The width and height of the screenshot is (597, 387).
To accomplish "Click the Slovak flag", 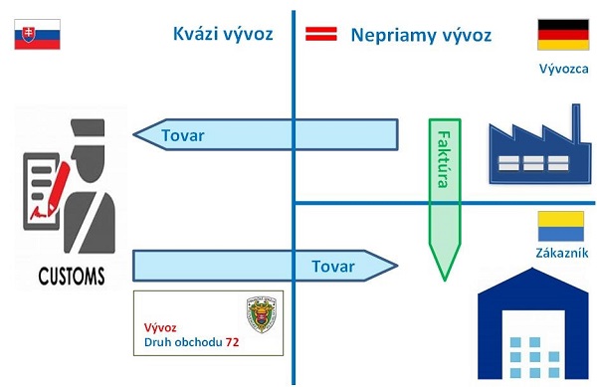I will (x=37, y=34).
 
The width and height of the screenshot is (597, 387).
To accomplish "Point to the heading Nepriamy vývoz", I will (x=421, y=36).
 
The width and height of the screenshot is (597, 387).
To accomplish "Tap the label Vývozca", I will (x=563, y=69).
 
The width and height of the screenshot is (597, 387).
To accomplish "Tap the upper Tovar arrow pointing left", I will (x=265, y=135).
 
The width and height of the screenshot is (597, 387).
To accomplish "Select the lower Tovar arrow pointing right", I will (x=266, y=267).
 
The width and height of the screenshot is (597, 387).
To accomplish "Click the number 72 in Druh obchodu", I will (x=232, y=343).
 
